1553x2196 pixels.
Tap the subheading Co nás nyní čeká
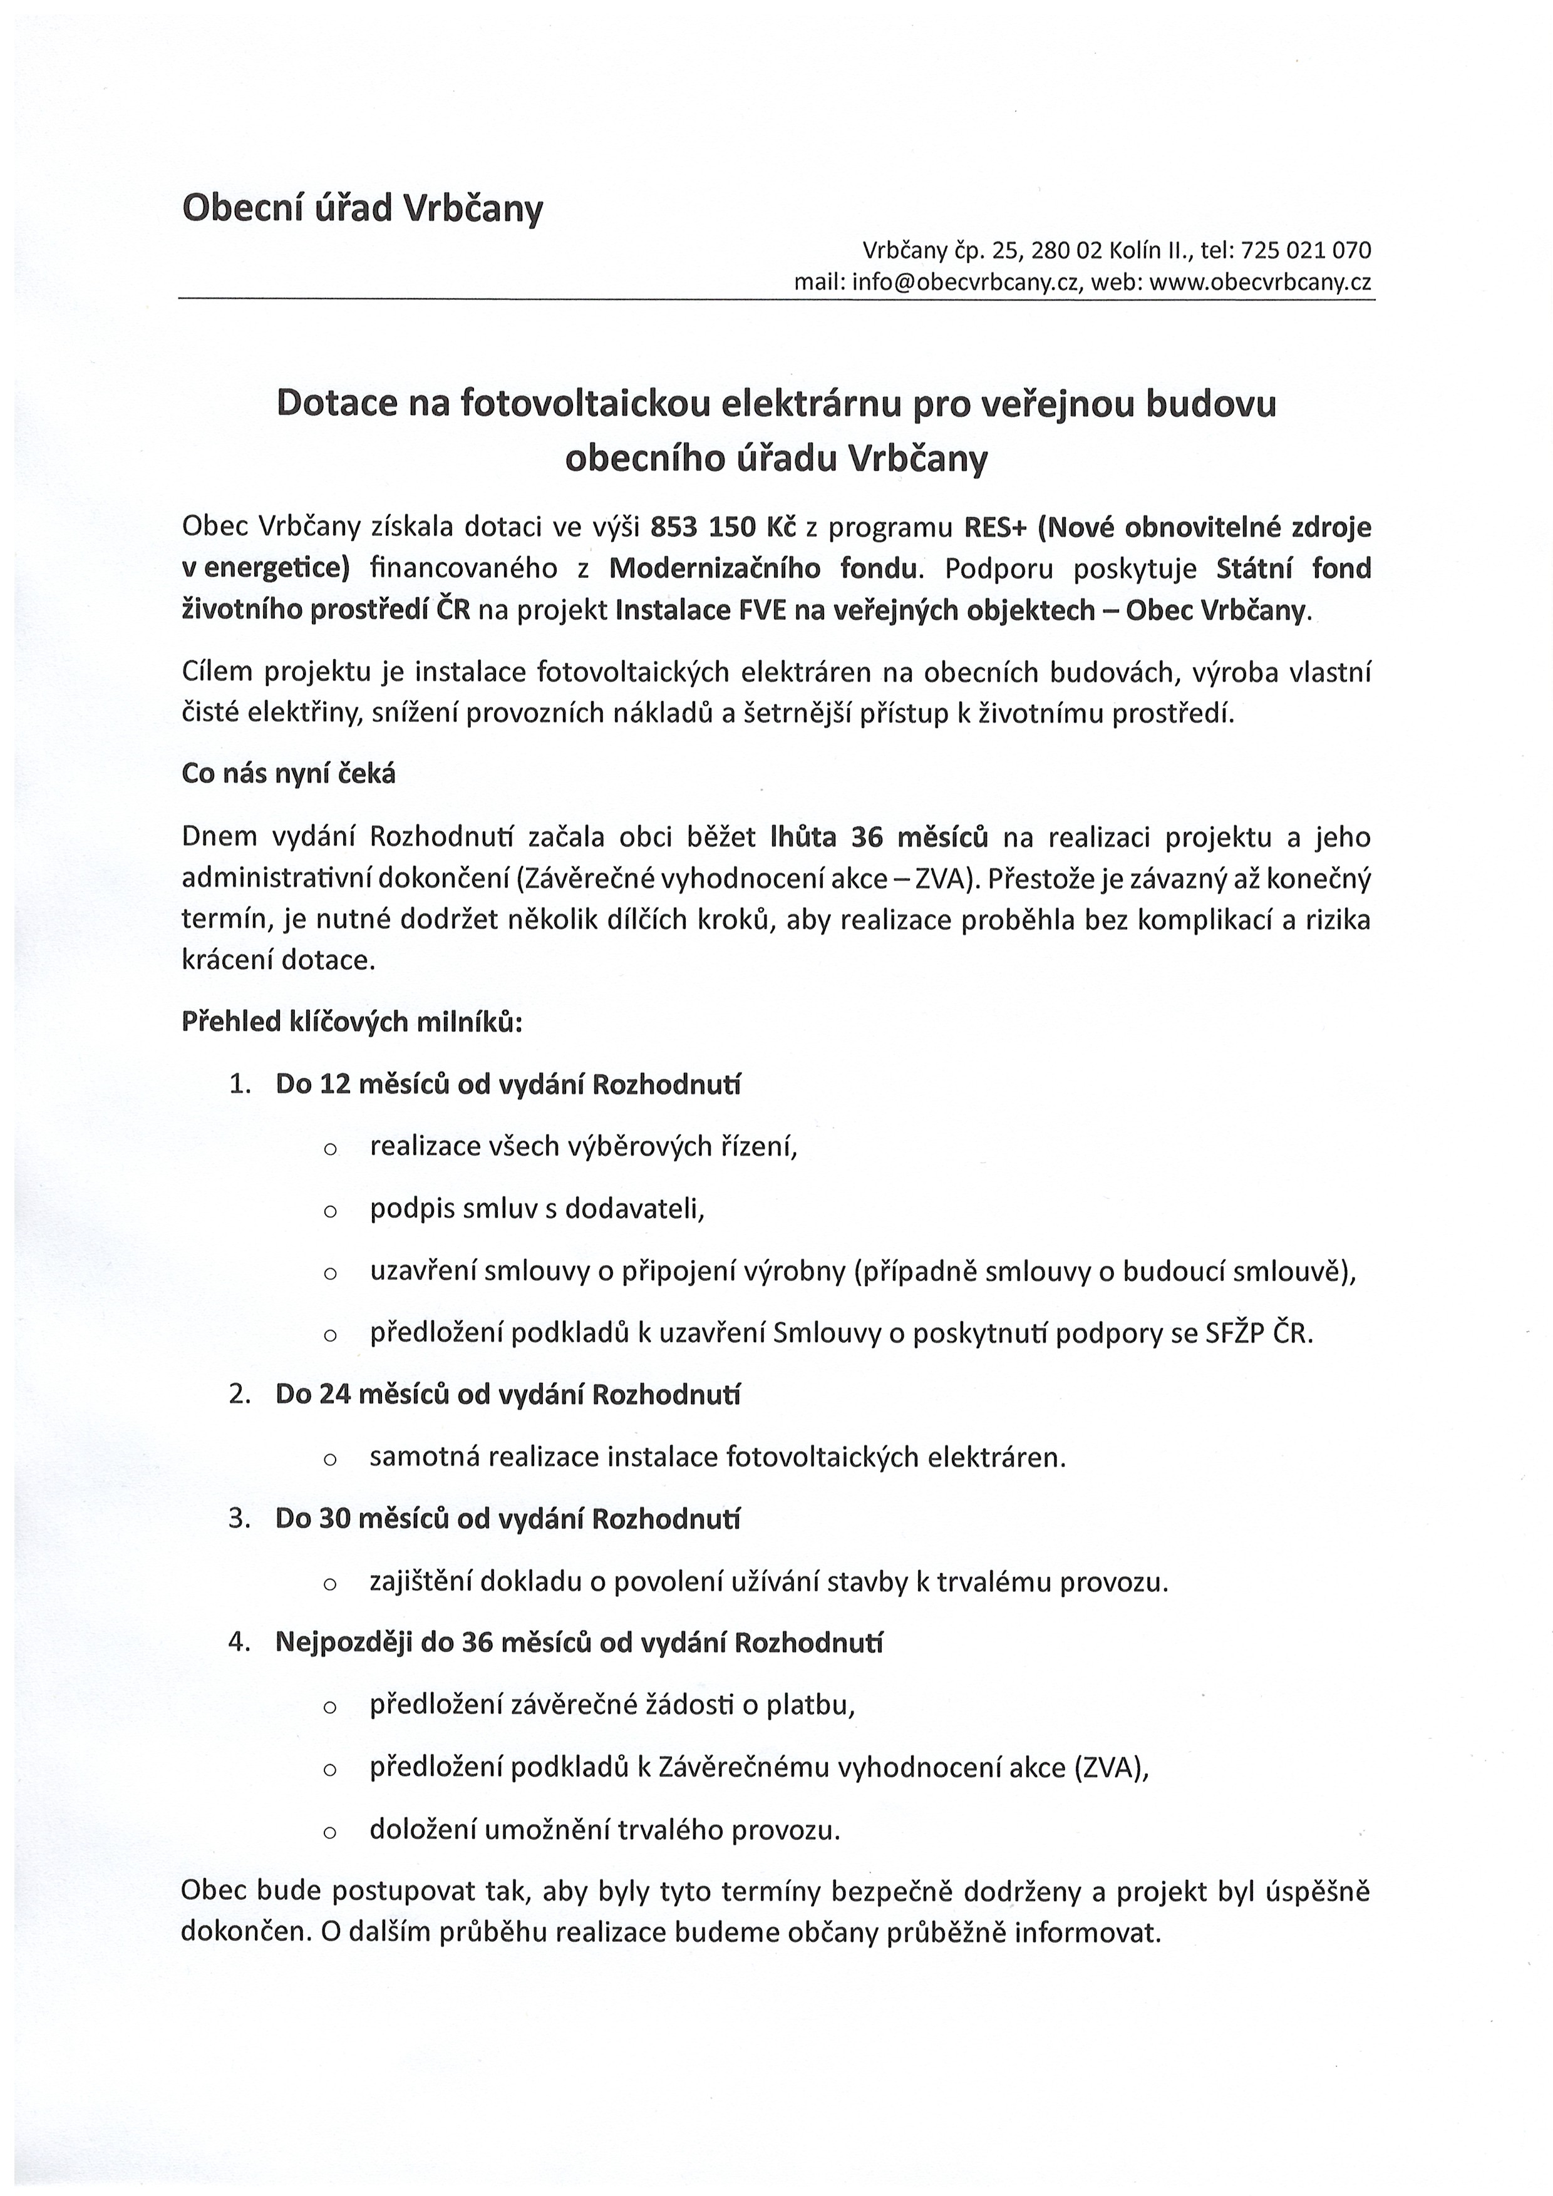point(288,774)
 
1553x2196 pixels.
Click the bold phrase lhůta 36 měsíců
point(879,837)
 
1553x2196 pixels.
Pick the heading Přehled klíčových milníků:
point(351,1022)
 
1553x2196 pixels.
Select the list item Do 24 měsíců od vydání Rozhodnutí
point(508,1395)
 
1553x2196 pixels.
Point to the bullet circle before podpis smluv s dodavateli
point(330,1212)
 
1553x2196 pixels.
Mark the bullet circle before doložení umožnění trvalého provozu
point(330,1832)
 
